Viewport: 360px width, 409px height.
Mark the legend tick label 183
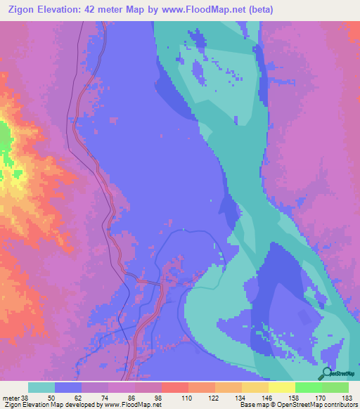348,398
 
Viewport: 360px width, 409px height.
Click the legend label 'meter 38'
16,398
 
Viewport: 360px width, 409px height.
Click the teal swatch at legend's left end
41,387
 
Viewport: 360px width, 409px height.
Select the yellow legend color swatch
282,387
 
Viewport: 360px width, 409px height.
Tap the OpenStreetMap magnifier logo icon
326,373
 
